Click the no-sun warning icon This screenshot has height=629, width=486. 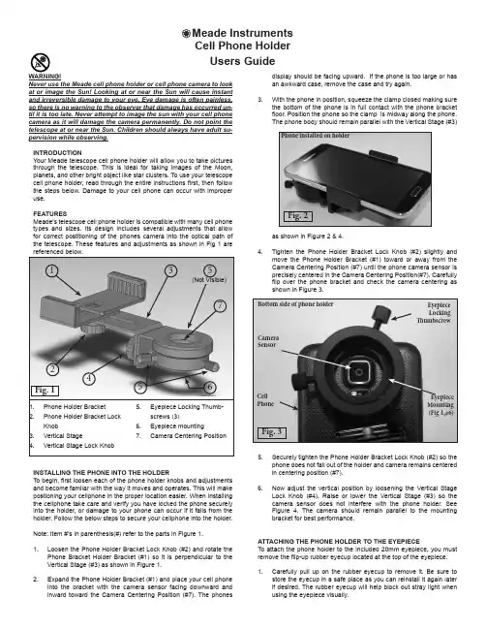click(x=40, y=62)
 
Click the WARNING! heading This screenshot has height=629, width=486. click(x=45, y=77)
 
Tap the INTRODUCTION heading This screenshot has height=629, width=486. click(x=57, y=153)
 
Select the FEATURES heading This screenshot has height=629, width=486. click(x=50, y=214)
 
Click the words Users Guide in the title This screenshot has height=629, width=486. click(x=242, y=61)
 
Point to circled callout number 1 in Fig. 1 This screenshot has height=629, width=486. click(x=51, y=270)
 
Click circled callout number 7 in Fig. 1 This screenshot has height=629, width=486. click(x=220, y=305)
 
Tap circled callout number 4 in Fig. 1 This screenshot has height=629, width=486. click(x=89, y=378)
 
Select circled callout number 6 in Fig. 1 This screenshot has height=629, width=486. click(x=210, y=387)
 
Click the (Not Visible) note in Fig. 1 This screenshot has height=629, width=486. click(x=209, y=279)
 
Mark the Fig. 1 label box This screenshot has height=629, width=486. click(x=46, y=391)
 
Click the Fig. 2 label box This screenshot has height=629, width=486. click(x=297, y=216)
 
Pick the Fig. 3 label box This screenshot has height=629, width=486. click(x=272, y=432)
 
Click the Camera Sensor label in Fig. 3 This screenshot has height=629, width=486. click(x=268, y=341)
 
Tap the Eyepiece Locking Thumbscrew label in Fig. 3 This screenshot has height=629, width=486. click(x=434, y=313)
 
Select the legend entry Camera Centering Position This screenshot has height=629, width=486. click(x=189, y=435)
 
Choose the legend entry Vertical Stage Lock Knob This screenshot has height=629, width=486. click(x=78, y=445)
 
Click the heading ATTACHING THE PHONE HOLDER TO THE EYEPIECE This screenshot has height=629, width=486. click(x=339, y=541)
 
